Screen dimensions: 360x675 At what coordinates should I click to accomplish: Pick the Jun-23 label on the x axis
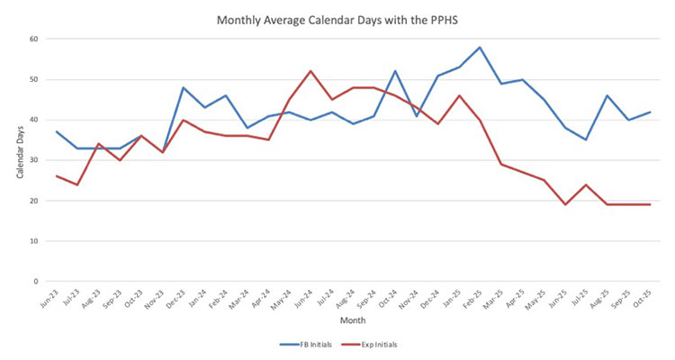(53, 298)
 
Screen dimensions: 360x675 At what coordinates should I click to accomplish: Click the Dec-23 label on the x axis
(180, 298)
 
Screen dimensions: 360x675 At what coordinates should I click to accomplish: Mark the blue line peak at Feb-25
(481, 47)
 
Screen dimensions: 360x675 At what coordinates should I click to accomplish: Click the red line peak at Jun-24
(310, 71)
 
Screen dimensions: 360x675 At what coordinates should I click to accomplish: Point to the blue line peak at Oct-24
(396, 71)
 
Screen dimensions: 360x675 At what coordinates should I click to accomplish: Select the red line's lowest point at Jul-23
(77, 184)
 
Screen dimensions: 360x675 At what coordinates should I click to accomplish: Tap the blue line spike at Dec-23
(184, 87)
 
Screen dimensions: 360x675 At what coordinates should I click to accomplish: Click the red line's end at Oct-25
(650, 204)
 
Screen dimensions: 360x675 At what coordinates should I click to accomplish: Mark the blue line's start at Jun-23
(56, 131)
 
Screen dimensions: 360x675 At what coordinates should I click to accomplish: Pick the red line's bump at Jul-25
(587, 184)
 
